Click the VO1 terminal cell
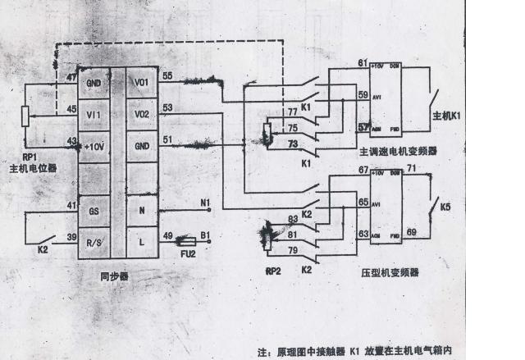coord(141,83)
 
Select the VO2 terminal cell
coord(141,114)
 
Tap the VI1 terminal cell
coord(93,114)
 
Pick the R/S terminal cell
coord(93,243)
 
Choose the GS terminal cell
coord(93,211)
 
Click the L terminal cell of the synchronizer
coord(141,243)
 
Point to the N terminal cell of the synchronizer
coord(141,211)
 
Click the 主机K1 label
coord(447,116)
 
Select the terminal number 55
coord(167,75)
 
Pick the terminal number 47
coord(71,76)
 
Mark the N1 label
coord(206,201)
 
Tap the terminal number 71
coord(413,169)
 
